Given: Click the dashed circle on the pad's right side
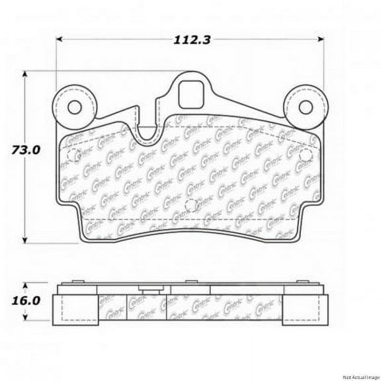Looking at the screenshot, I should click(306, 154).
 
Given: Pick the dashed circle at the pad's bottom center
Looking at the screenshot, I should click(190, 204).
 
